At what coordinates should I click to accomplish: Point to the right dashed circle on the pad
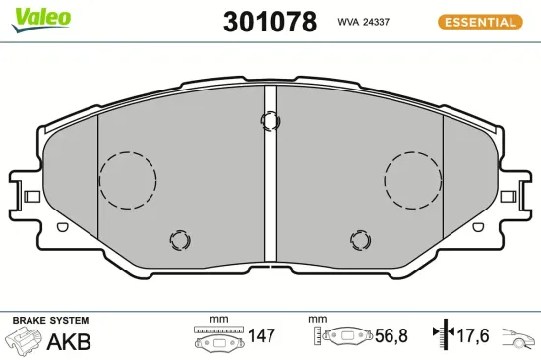413,180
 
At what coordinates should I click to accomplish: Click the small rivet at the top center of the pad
270,120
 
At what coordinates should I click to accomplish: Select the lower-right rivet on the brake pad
361,239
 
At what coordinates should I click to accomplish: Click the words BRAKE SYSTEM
49,321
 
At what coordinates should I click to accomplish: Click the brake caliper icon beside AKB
25,342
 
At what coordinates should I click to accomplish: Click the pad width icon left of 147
218,339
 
